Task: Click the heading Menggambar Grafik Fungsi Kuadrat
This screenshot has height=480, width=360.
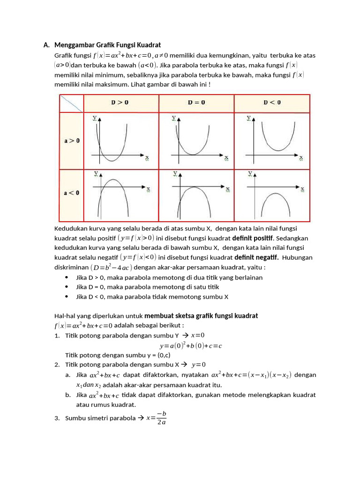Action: [x=107, y=45]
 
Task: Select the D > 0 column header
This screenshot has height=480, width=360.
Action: [x=121, y=103]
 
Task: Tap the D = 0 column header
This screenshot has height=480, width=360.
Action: [x=196, y=103]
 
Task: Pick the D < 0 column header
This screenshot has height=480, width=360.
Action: [x=272, y=103]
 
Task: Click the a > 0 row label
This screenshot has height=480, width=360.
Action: [x=71, y=141]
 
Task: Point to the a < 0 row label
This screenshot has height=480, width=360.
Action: [x=71, y=193]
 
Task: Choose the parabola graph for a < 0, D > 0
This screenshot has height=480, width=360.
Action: [x=121, y=194]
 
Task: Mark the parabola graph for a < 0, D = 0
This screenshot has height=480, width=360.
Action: [x=196, y=194]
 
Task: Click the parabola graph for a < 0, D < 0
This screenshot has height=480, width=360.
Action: [x=272, y=194]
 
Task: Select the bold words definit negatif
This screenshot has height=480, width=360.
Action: [x=256, y=257]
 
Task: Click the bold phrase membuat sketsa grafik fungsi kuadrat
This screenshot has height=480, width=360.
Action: [x=201, y=315]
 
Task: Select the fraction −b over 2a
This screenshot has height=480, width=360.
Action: [x=161, y=418]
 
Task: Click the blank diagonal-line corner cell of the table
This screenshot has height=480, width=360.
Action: [x=71, y=103]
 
